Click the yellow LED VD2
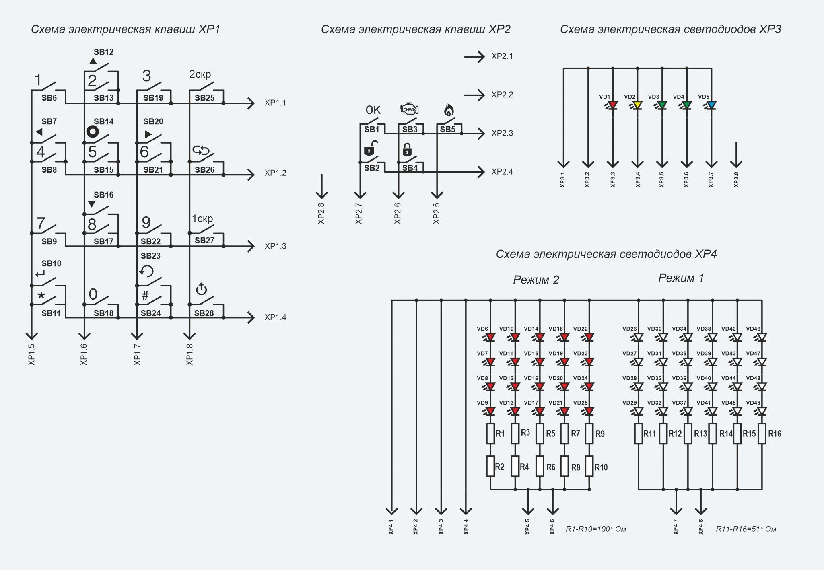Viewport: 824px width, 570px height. tap(637, 105)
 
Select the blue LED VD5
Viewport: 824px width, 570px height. tap(711, 105)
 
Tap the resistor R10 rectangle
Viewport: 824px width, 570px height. tap(589, 466)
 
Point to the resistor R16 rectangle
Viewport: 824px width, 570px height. tap(762, 434)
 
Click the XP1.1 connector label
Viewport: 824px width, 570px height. tap(275, 103)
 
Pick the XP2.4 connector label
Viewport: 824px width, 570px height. tap(502, 172)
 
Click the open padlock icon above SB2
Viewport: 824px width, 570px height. tap(371, 148)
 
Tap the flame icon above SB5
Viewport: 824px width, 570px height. tap(449, 110)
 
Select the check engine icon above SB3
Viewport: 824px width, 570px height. tap(410, 109)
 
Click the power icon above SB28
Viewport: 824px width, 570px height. tap(201, 289)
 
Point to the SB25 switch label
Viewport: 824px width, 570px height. tap(205, 98)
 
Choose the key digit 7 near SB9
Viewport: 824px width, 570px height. tap(41, 223)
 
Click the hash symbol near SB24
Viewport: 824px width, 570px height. tap(145, 296)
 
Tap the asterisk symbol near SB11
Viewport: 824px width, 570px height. tap(41, 296)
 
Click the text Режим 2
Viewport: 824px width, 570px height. tap(536, 280)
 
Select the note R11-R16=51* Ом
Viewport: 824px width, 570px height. tap(746, 529)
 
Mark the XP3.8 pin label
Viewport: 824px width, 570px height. tap(736, 179)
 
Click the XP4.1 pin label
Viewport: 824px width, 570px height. tap(391, 527)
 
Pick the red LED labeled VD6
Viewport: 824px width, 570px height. tap(490, 337)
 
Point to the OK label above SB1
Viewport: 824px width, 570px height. tap(373, 110)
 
